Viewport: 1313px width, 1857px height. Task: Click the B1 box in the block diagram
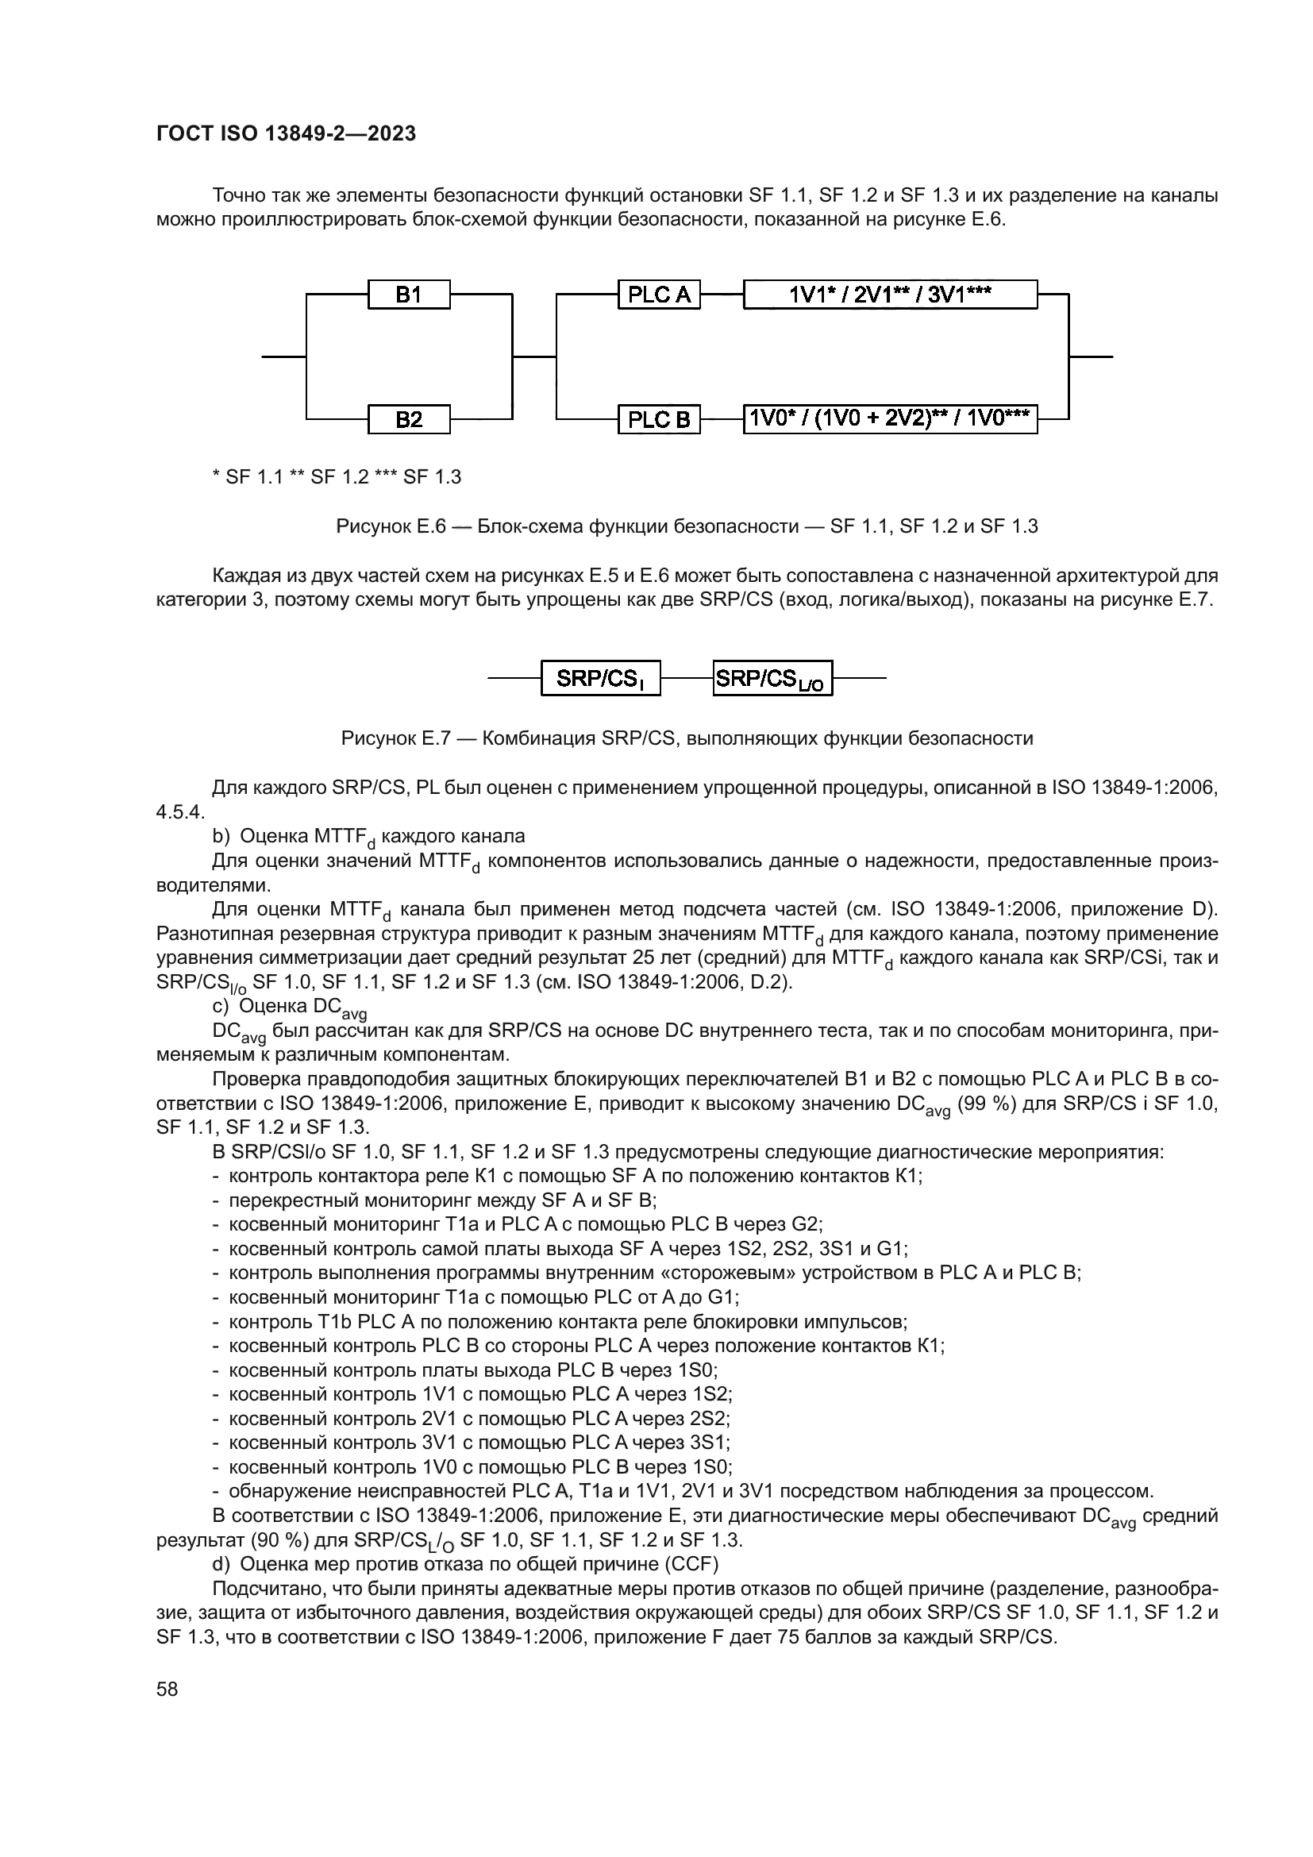[x=409, y=295]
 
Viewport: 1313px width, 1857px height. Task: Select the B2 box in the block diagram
[x=409, y=419]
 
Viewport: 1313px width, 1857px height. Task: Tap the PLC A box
[x=659, y=295]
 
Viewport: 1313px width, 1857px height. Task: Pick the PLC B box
[x=659, y=419]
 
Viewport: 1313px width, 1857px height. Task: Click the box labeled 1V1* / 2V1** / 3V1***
[x=890, y=295]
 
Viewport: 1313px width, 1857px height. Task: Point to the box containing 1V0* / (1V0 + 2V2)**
[x=890, y=419]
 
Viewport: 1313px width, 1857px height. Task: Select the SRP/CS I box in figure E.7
[x=601, y=678]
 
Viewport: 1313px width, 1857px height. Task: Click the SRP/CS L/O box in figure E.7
[x=772, y=678]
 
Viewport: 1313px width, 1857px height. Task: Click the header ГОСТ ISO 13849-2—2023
[x=287, y=133]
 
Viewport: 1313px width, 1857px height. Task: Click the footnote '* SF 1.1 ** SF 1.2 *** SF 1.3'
[x=337, y=477]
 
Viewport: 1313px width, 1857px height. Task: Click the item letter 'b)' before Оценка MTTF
[x=221, y=835]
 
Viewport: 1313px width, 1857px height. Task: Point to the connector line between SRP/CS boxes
[x=687, y=678]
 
